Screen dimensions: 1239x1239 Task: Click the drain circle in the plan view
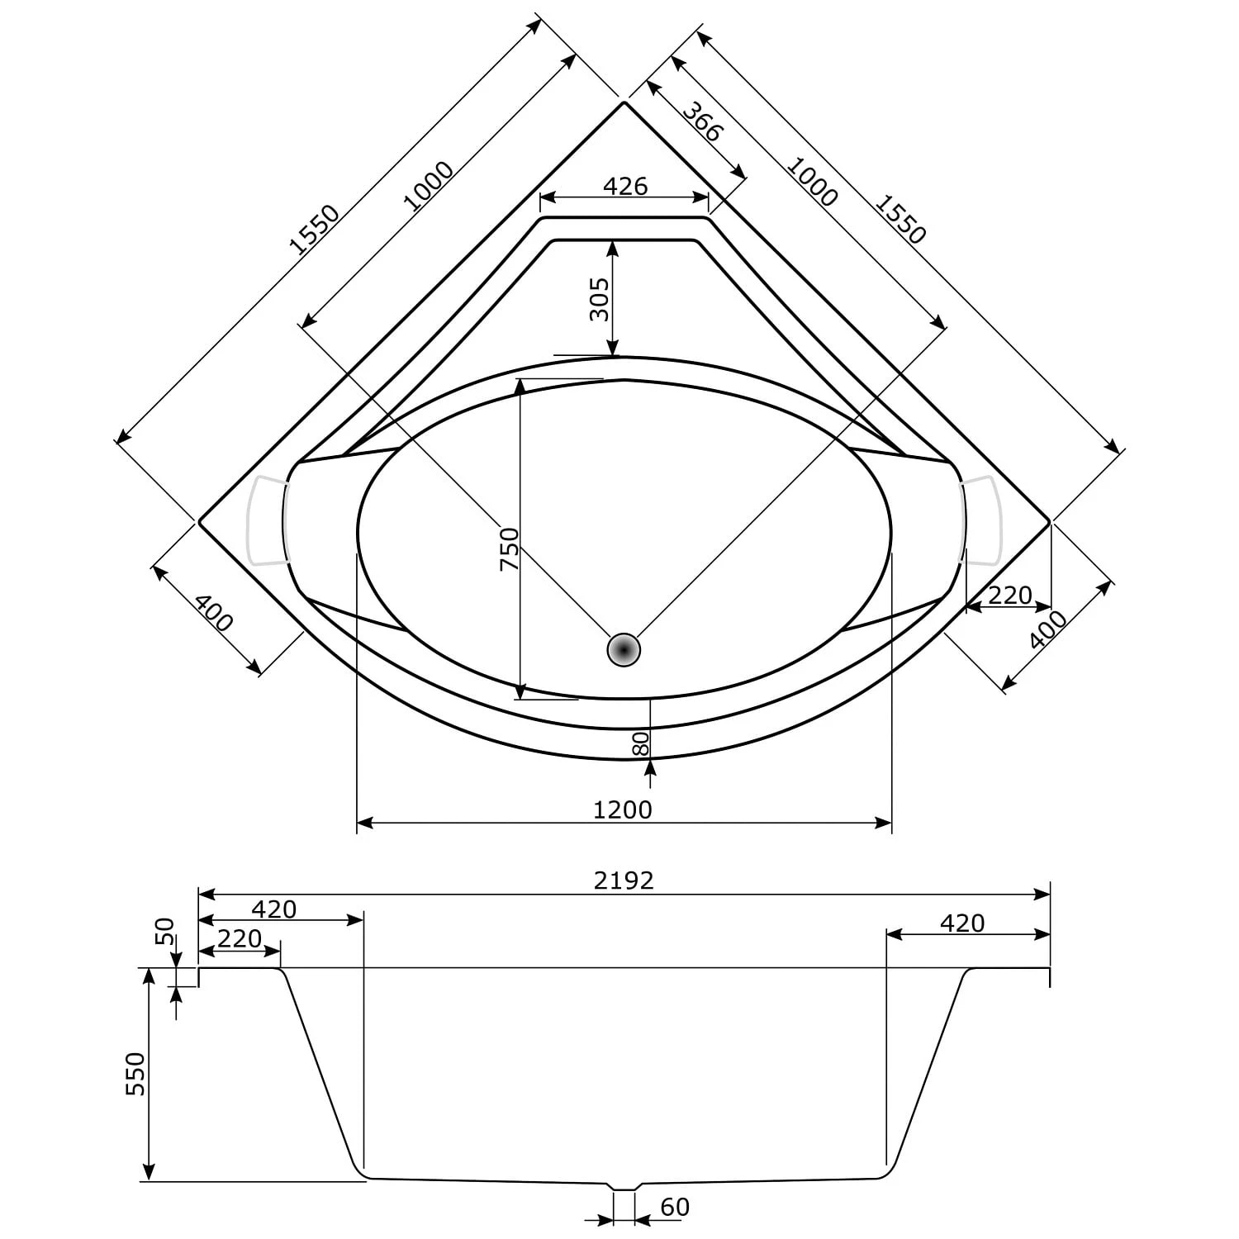point(624,650)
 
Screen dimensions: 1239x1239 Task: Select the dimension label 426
point(624,186)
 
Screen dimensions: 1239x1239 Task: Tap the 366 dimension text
point(703,121)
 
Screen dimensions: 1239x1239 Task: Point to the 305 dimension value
point(600,299)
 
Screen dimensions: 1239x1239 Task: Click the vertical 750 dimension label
point(509,548)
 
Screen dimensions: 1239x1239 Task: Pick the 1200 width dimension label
point(623,809)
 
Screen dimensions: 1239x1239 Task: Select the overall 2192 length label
point(624,881)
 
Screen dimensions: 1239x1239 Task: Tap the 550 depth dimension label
point(135,1073)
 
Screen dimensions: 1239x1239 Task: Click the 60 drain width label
point(675,1207)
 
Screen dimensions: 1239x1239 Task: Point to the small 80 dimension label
point(641,743)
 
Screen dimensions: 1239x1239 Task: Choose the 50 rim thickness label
point(166,931)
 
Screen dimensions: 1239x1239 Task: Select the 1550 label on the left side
point(314,229)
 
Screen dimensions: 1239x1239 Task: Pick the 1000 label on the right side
point(811,181)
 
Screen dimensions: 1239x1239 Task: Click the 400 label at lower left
point(214,612)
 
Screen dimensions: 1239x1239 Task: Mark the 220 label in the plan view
point(1009,595)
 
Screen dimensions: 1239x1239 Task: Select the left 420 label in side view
point(273,909)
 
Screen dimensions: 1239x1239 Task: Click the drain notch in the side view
point(624,1186)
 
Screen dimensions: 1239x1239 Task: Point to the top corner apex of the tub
point(624,102)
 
